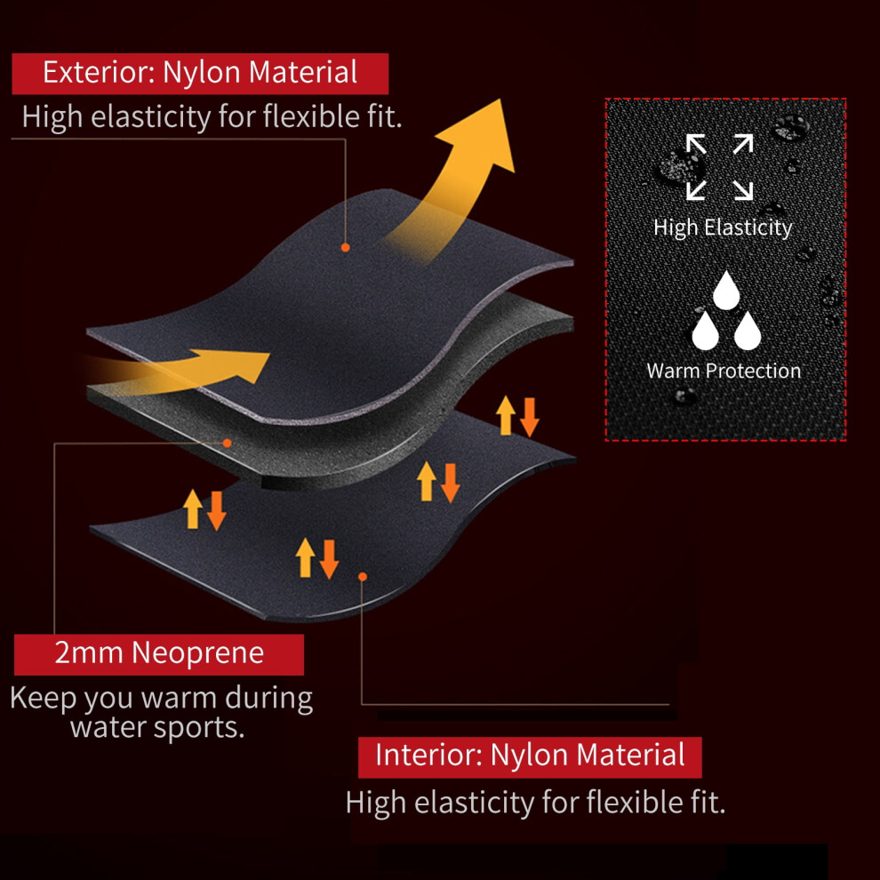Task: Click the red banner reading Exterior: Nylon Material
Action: click(200, 74)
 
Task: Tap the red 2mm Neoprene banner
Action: click(159, 654)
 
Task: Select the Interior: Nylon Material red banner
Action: click(530, 757)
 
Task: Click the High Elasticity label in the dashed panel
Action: click(723, 228)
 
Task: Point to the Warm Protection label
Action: click(724, 371)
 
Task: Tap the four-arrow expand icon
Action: click(719, 167)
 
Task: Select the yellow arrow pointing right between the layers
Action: click(185, 371)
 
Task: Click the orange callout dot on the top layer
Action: click(345, 247)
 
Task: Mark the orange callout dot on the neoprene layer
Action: click(227, 443)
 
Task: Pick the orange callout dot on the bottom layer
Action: click(363, 576)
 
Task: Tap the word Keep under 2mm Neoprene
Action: click(44, 698)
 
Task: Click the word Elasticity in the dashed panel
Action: click(748, 228)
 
